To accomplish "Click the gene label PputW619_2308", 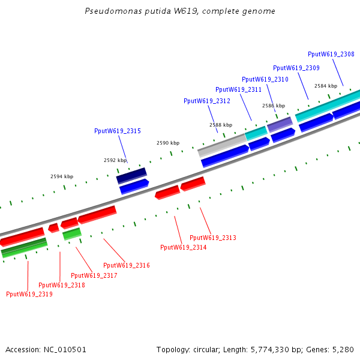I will click(331, 54).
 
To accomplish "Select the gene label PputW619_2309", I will click(296, 68).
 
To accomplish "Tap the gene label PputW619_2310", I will click(265, 79).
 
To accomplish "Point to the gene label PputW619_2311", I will click(239, 89).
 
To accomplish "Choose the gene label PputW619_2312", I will click(207, 101).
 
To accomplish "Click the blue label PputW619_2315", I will click(118, 131).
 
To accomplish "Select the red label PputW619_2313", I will click(213, 238).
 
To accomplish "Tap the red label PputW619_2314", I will click(184, 247).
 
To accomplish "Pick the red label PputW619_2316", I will click(127, 265).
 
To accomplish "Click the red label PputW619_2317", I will click(94, 275).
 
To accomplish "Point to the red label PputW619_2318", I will click(62, 285).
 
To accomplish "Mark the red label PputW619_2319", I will click(29, 294).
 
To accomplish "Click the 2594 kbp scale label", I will click(62, 176).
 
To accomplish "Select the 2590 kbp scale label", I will click(168, 143).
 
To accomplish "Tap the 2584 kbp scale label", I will click(326, 86).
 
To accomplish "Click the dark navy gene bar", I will click(131, 175).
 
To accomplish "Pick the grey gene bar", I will click(222, 144).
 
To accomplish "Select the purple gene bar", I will click(280, 124).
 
